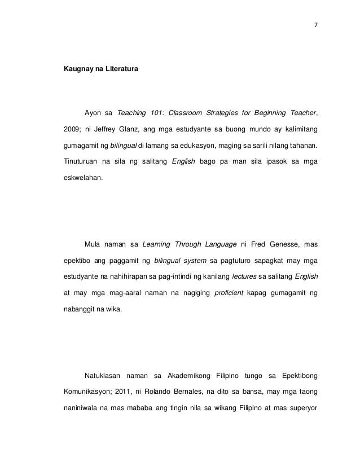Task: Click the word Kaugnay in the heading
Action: [x=77, y=69]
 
